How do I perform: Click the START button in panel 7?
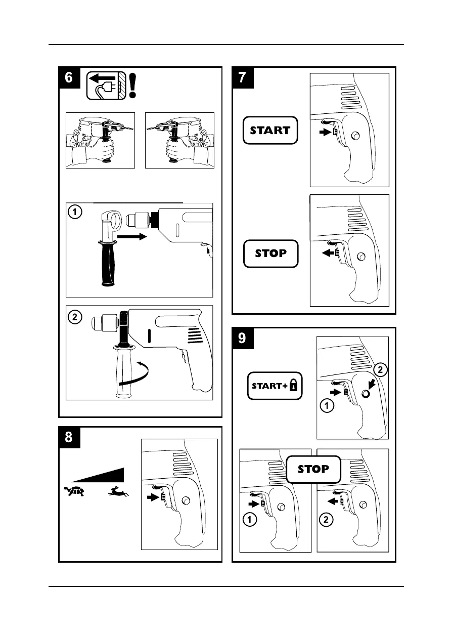point(270,131)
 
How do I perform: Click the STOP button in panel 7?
point(270,254)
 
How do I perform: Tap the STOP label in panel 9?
point(313,469)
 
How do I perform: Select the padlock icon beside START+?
point(293,387)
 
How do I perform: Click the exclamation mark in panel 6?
point(132,85)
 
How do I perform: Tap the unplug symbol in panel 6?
point(105,85)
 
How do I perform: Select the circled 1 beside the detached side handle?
point(75,213)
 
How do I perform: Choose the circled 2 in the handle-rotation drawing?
point(75,318)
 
